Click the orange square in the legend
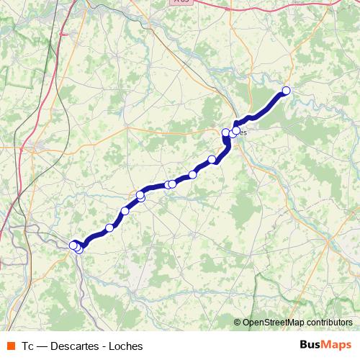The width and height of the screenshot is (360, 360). click(11, 346)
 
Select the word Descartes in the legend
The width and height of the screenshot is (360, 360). click(76, 346)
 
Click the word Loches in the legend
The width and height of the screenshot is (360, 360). click(126, 346)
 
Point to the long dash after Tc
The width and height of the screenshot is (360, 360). click(42, 346)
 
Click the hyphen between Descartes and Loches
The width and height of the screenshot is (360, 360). click(104, 346)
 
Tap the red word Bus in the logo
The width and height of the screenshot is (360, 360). click(310, 345)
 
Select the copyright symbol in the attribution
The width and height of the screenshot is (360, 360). click(238, 323)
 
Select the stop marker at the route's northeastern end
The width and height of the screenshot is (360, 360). click(286, 91)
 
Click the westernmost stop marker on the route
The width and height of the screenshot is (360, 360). click(73, 246)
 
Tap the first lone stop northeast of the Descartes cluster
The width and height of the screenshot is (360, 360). click(109, 228)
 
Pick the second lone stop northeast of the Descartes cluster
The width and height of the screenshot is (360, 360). click(125, 211)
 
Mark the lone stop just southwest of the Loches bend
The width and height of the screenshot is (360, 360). click(212, 159)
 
